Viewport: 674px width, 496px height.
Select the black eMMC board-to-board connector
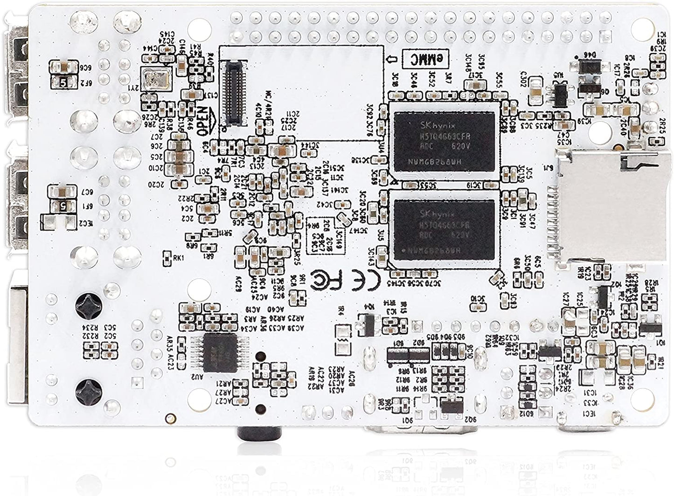coord(236,91)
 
